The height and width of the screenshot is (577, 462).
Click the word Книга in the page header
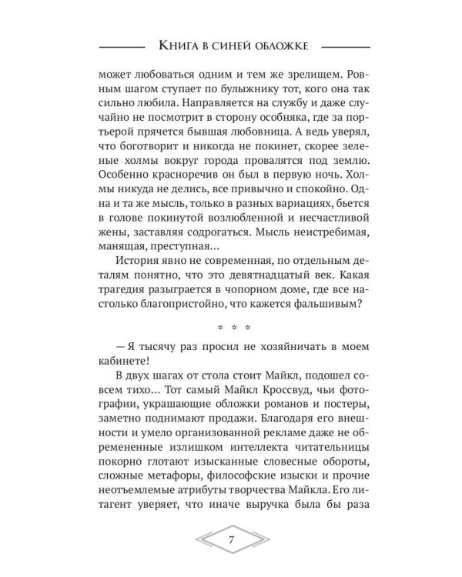coord(176,45)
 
